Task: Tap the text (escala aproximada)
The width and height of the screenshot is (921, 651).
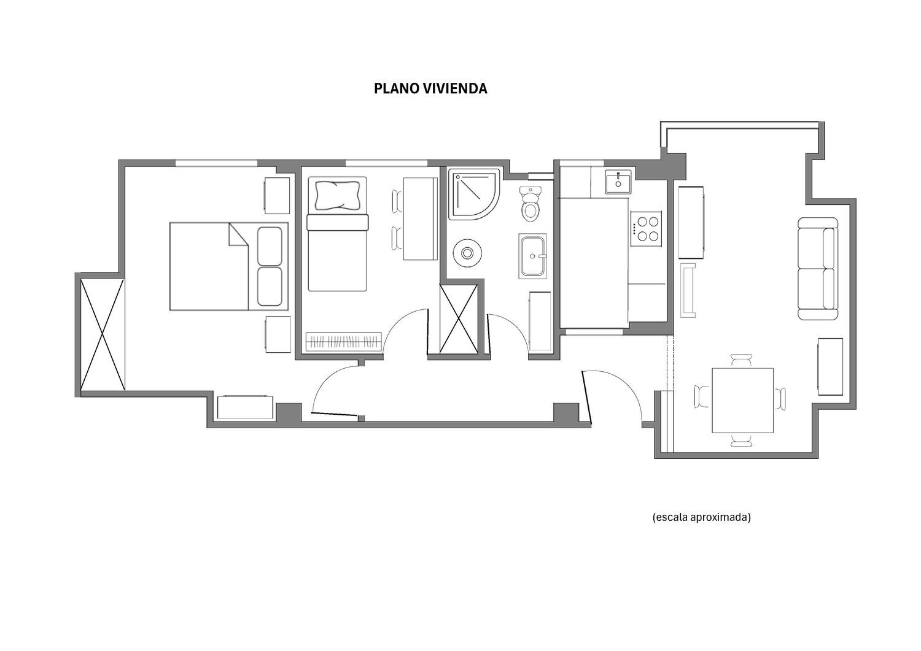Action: [x=701, y=517]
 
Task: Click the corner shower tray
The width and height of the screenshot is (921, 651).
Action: [x=474, y=194]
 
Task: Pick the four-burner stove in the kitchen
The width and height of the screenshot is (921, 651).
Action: [x=647, y=229]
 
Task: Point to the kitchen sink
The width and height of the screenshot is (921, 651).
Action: [x=618, y=182]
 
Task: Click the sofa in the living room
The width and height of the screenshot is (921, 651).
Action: [x=818, y=268]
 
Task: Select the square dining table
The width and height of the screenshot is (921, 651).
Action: [x=742, y=400]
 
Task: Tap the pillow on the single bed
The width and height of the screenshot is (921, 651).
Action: [x=338, y=195]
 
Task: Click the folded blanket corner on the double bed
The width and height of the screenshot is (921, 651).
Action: [x=238, y=234]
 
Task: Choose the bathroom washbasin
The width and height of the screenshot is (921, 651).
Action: [x=533, y=256]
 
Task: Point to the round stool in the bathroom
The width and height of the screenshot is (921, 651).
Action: [x=467, y=253]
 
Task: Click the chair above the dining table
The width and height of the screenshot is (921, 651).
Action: [x=742, y=360]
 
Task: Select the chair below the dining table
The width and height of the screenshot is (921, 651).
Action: [x=742, y=440]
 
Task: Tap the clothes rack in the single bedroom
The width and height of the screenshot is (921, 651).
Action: [x=344, y=342]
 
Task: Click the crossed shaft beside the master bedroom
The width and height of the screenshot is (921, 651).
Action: [x=103, y=334]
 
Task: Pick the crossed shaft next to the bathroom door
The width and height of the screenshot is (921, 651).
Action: [x=459, y=319]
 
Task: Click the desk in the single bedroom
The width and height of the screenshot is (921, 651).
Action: [x=420, y=218]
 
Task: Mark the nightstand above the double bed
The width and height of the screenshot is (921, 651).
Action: [x=277, y=196]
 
